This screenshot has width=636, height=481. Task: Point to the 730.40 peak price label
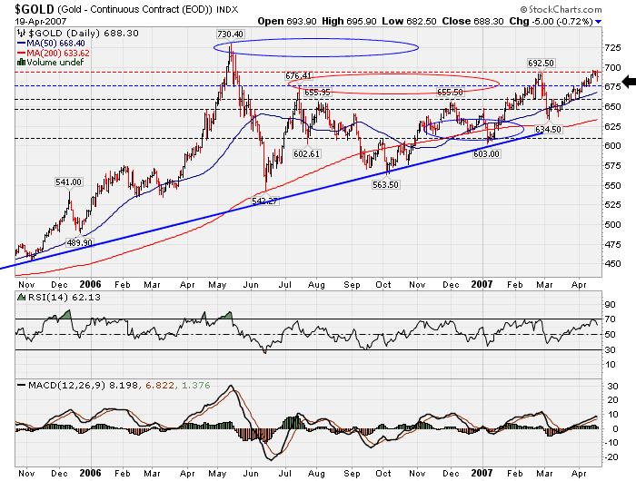[230, 34]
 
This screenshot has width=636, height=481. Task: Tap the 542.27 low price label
[263, 201]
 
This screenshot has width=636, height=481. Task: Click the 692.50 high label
[542, 64]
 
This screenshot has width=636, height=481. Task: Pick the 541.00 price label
[69, 182]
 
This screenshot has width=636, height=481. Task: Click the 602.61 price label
[308, 154]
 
